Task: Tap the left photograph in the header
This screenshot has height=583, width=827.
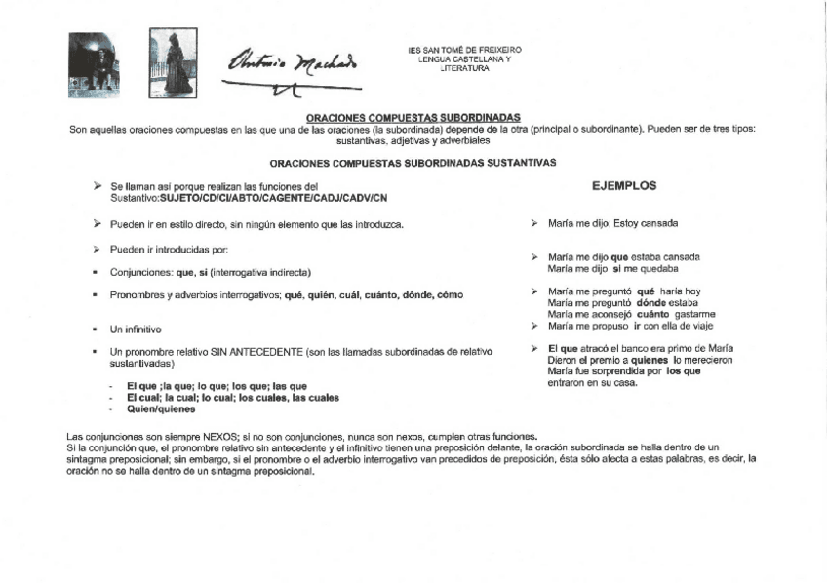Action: tap(93, 64)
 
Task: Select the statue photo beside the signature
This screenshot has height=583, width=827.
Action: tap(173, 62)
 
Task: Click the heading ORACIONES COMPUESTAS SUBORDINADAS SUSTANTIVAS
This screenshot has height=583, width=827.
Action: tap(413, 164)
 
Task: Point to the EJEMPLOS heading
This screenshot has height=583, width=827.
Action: tap(624, 185)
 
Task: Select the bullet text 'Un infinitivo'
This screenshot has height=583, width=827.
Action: tap(136, 330)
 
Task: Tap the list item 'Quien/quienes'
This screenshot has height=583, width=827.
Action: tap(155, 408)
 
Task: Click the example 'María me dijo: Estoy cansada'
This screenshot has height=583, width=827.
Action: tap(612, 223)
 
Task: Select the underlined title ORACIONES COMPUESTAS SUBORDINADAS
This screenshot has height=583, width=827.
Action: tap(413, 117)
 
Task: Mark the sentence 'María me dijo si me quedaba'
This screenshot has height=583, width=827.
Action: tap(612, 268)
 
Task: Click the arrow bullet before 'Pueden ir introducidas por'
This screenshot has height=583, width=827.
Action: tap(96, 250)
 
